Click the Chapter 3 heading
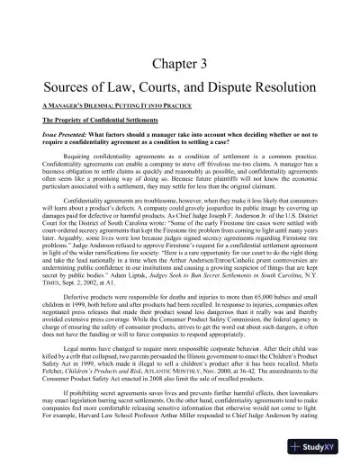[180, 63]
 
